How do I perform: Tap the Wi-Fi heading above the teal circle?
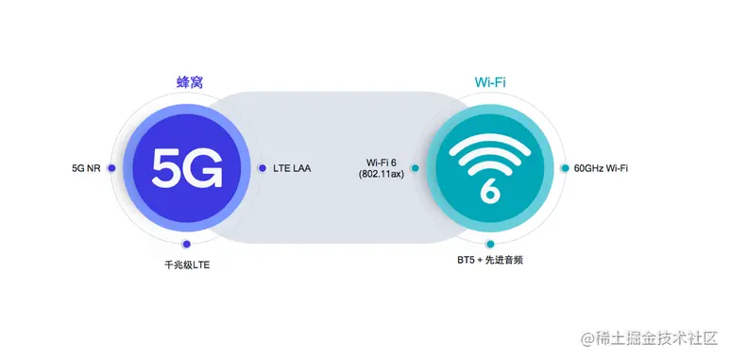click(x=489, y=81)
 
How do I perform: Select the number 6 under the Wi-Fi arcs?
click(x=489, y=189)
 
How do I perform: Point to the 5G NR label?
click(x=86, y=168)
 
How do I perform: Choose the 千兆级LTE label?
click(x=187, y=265)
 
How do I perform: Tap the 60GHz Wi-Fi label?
click(x=601, y=168)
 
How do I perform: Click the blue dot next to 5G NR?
click(x=111, y=168)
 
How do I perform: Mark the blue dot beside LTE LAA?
click(x=263, y=168)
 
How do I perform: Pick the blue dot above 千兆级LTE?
click(x=187, y=245)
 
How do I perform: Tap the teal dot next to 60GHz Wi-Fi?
click(x=565, y=168)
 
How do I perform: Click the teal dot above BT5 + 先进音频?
click(x=489, y=244)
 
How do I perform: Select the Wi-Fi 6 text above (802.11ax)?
click(x=384, y=163)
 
